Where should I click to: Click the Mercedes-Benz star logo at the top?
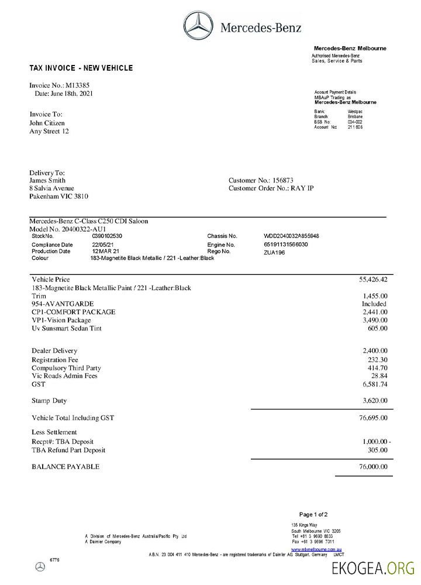(199, 26)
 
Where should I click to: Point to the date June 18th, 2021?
(71, 93)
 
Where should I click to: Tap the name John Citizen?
(47, 123)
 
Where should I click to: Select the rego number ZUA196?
(274, 252)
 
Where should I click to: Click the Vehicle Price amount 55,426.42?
(372, 280)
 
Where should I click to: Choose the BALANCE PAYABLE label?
(65, 466)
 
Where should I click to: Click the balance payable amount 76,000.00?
(372, 466)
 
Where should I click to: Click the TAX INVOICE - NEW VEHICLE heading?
(81, 68)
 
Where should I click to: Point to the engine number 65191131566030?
(286, 244)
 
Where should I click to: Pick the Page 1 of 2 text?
(313, 514)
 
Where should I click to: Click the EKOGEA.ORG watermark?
(372, 568)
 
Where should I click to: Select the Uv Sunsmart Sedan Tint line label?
(67, 329)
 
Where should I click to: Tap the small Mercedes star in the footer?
(40, 566)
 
